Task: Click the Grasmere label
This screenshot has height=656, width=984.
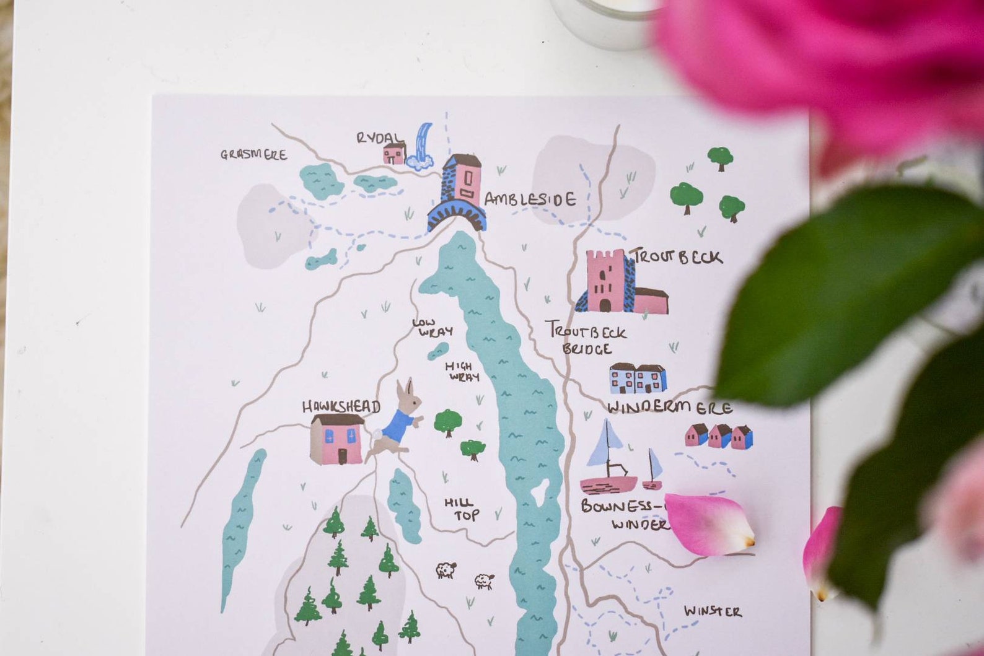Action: (x=253, y=154)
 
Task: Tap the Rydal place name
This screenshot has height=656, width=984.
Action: (x=379, y=138)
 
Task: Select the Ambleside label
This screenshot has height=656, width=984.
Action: (x=530, y=199)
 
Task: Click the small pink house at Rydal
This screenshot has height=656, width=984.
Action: (x=394, y=153)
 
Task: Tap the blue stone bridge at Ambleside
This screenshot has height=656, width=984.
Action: (x=457, y=217)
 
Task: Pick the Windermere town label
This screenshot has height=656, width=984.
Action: (x=669, y=408)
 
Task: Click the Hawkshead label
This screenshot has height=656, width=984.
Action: (x=341, y=407)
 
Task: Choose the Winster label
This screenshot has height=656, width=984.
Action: (x=713, y=611)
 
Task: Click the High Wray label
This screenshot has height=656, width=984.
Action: (x=460, y=371)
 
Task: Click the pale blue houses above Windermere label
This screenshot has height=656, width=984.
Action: (x=638, y=378)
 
